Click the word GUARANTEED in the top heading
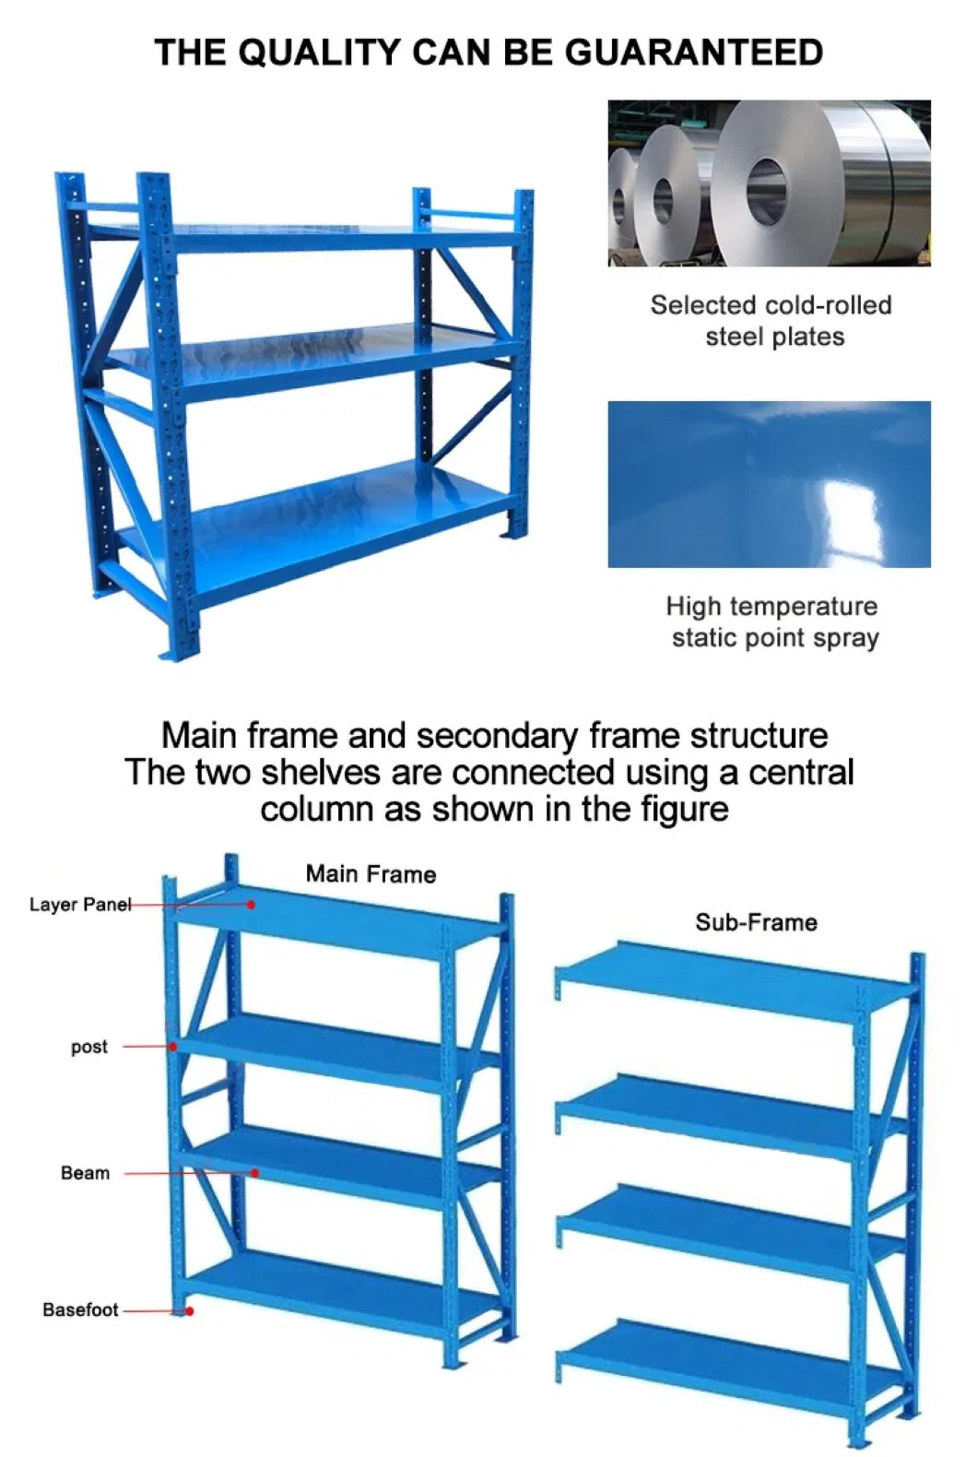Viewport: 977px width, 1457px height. (x=693, y=53)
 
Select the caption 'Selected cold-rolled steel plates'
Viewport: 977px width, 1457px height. (x=771, y=320)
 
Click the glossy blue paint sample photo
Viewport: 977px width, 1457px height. (x=769, y=484)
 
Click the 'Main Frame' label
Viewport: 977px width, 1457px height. (x=371, y=873)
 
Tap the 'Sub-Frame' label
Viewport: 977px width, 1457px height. (x=756, y=922)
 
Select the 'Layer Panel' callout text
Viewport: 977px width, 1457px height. (x=79, y=905)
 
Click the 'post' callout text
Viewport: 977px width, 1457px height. (x=89, y=1047)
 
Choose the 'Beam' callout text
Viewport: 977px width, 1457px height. (x=85, y=1173)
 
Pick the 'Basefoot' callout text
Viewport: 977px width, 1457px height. (x=80, y=1309)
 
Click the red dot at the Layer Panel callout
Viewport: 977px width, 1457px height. (x=251, y=905)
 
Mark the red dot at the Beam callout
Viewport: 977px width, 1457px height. (x=255, y=1173)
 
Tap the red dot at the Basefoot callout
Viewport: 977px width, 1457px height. (x=189, y=1310)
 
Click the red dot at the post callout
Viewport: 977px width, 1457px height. (x=172, y=1047)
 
